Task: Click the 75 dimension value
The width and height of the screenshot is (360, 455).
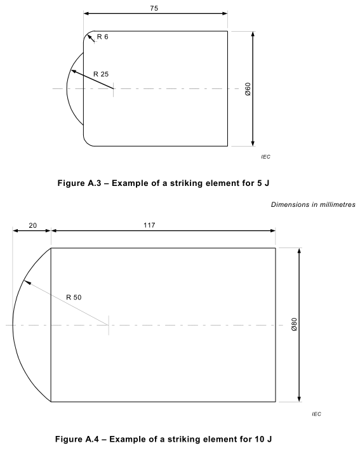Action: tap(154, 8)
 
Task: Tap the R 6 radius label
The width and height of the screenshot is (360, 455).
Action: tap(102, 37)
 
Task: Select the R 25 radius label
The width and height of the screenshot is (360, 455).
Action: tap(101, 74)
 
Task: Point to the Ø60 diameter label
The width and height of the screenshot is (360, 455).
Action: tap(248, 89)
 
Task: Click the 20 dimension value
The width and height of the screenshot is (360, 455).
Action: tap(33, 225)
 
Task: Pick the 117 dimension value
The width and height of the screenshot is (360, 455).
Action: tap(149, 225)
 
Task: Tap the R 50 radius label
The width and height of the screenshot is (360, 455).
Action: tap(74, 298)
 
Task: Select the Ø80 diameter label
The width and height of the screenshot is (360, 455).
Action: tap(294, 324)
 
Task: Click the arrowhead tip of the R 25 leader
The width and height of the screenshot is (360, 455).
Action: tap(71, 70)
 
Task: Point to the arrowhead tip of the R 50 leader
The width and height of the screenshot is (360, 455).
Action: tap(23, 280)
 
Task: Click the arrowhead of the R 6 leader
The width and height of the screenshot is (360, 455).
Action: tap(88, 35)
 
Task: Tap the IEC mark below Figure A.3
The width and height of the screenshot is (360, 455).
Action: tap(265, 157)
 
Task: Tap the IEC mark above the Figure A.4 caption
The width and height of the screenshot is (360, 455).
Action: tap(317, 414)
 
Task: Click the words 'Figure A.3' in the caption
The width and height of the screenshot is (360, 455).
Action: tap(79, 183)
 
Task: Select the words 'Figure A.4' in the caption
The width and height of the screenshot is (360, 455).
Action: tap(77, 439)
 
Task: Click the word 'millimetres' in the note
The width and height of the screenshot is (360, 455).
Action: tap(337, 204)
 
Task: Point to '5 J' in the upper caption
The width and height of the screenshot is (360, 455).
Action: tap(263, 183)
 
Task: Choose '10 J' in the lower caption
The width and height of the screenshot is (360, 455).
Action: tap(263, 439)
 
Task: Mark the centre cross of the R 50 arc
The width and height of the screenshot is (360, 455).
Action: tap(109, 325)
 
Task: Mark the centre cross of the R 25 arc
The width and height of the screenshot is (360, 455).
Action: tap(113, 88)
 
